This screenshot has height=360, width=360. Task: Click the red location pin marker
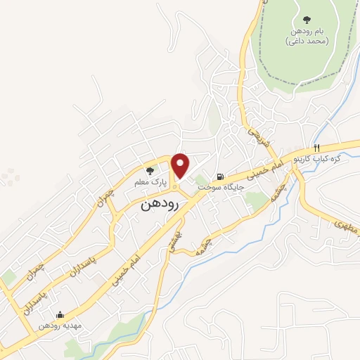181,165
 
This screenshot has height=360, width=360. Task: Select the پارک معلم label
150,181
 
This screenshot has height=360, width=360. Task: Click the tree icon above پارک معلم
149,170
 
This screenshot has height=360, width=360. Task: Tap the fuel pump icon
221,176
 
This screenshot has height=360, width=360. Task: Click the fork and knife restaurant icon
317,148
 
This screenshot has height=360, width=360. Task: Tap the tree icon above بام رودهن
306,20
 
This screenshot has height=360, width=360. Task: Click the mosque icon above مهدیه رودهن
60,315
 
